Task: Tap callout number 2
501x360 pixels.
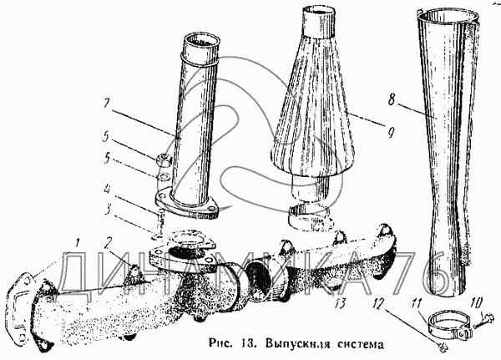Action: click(x=109, y=243)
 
